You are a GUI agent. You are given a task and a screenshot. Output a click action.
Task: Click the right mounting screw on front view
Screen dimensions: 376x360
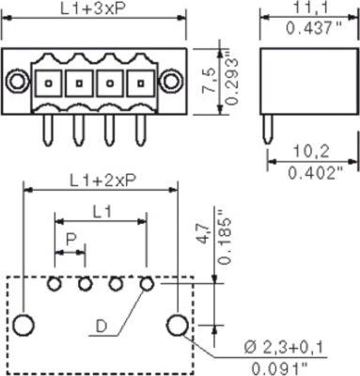click(174, 82)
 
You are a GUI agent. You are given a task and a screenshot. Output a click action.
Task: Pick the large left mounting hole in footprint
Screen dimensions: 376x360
click(23, 325)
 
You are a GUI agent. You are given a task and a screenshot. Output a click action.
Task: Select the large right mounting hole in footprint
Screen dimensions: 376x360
click(175, 325)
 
